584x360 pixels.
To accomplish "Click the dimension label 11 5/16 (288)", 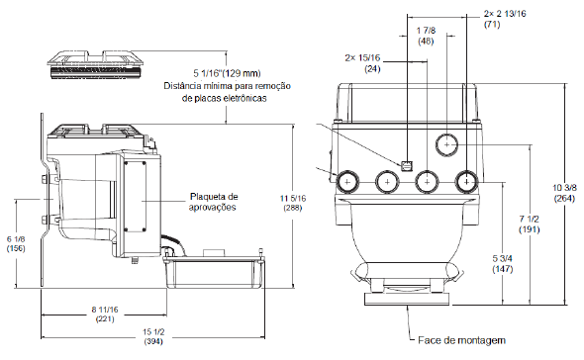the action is coord(293,203).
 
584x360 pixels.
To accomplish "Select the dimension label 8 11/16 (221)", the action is coord(105,315).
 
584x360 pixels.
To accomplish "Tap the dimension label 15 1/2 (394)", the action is coord(153,336).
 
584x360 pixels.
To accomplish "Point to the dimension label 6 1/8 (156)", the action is coord(16,244).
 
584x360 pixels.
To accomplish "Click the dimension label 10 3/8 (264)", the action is coord(564,193).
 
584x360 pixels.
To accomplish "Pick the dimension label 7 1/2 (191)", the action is coord(530,224).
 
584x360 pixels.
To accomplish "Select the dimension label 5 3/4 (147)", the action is coord(503,264).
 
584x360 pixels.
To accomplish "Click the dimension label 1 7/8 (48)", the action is coord(426,36).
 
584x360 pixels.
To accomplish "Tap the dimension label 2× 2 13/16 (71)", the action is coord(505,19).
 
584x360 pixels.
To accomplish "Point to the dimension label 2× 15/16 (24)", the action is coord(362,63).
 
